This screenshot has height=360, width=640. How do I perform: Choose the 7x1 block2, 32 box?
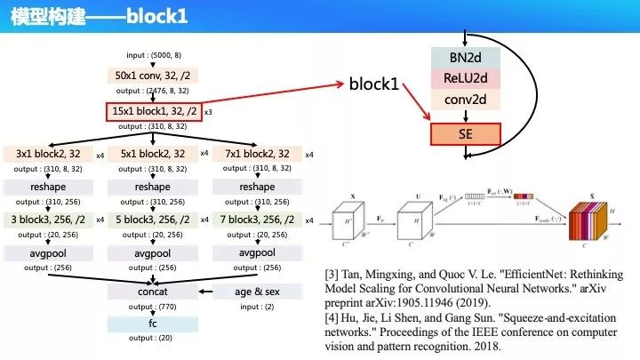click(x=257, y=154)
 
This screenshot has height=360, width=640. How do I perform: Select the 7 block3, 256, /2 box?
click(x=257, y=220)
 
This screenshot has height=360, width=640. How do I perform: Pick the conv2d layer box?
click(x=464, y=100)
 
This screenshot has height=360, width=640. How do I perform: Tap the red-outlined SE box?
click(x=464, y=135)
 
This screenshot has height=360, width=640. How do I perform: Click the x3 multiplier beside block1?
click(x=208, y=114)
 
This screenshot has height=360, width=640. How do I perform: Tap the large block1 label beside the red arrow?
click(x=374, y=86)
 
